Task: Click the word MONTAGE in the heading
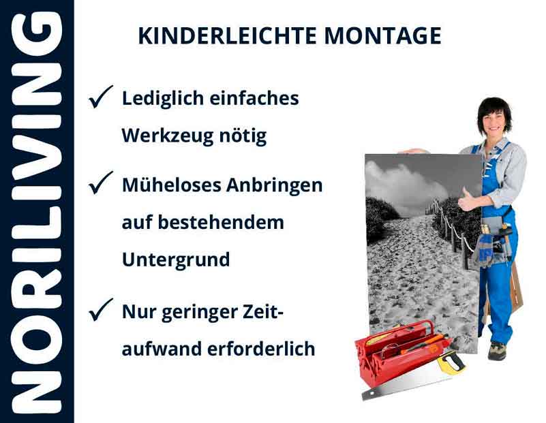(382, 36)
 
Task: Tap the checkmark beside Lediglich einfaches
(101, 99)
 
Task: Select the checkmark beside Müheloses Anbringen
(101, 183)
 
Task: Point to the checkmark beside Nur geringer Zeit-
(101, 311)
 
